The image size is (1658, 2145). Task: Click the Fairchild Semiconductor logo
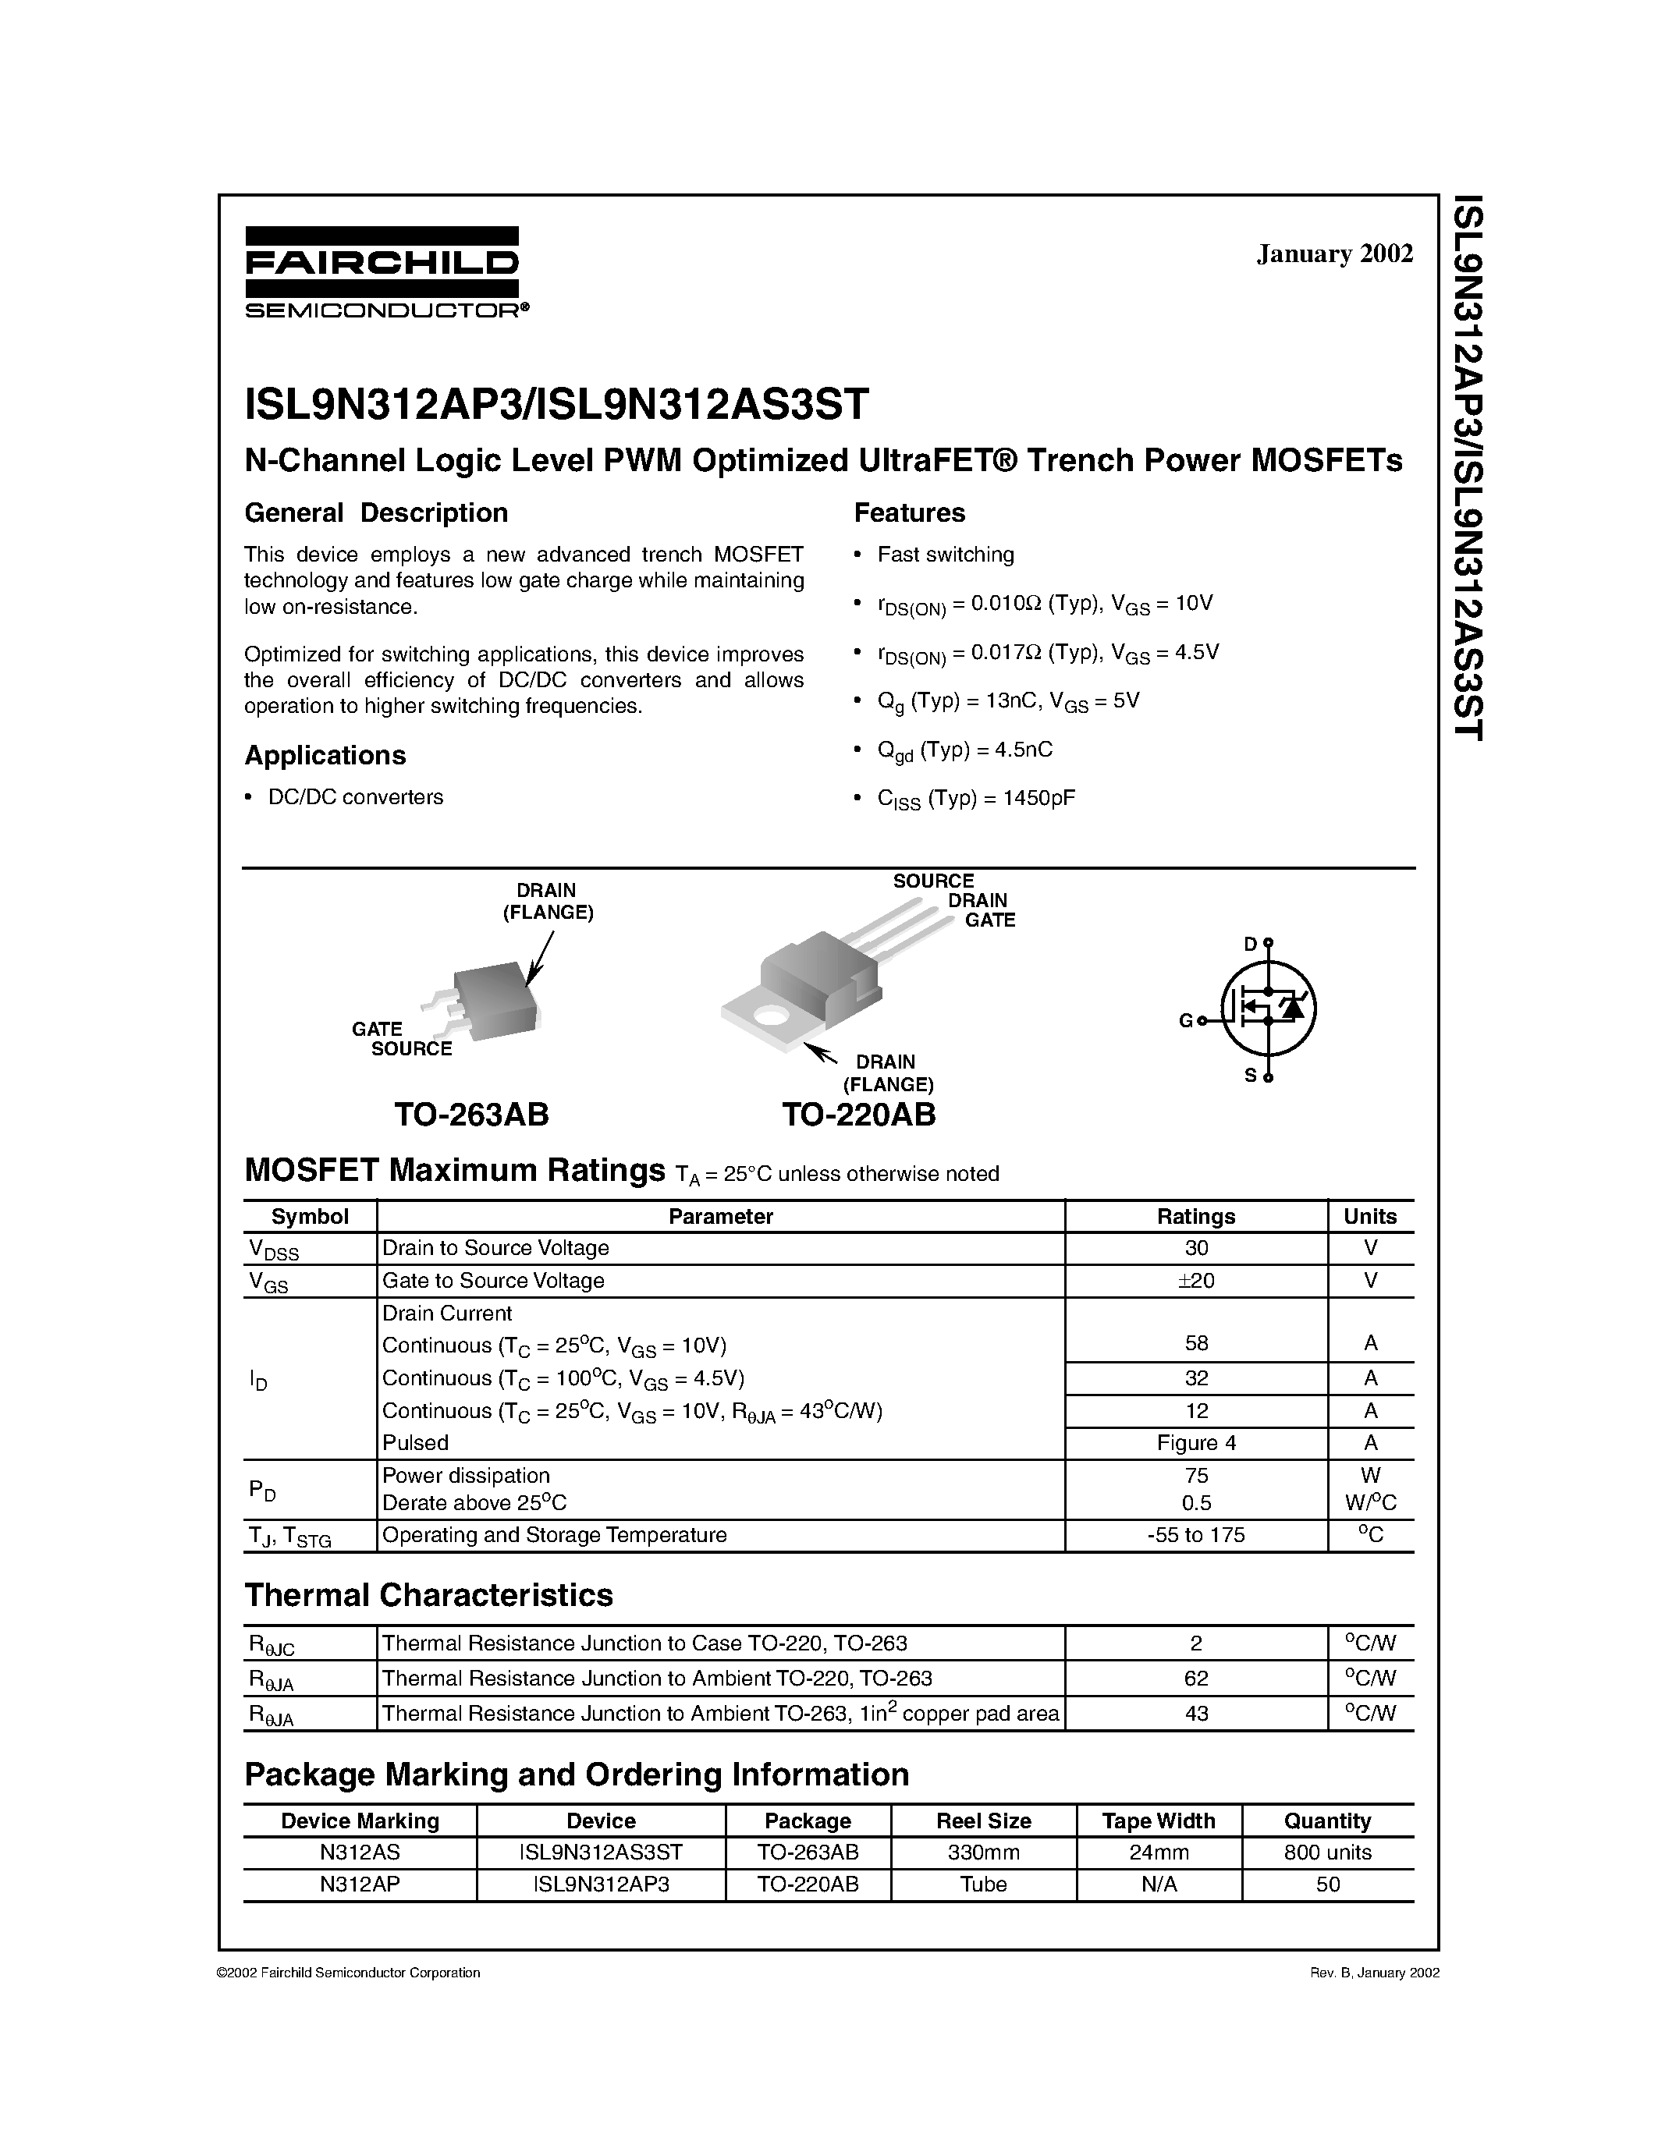click(382, 272)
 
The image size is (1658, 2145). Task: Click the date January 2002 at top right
click(1334, 253)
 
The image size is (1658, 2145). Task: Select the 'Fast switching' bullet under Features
click(945, 554)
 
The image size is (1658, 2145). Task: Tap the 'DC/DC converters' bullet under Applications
click(354, 796)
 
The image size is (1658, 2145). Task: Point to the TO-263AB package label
click(471, 1114)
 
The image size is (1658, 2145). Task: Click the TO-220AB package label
click(858, 1114)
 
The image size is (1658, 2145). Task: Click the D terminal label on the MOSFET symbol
click(1249, 944)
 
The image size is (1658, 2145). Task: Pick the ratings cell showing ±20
click(1195, 1280)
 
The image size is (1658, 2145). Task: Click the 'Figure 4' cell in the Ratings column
click(1195, 1443)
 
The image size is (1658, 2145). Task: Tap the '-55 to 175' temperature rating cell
click(1195, 1534)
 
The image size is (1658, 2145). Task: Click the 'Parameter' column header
click(720, 1216)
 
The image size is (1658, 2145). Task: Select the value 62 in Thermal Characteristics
click(1195, 1678)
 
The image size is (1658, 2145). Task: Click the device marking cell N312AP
click(360, 1884)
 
